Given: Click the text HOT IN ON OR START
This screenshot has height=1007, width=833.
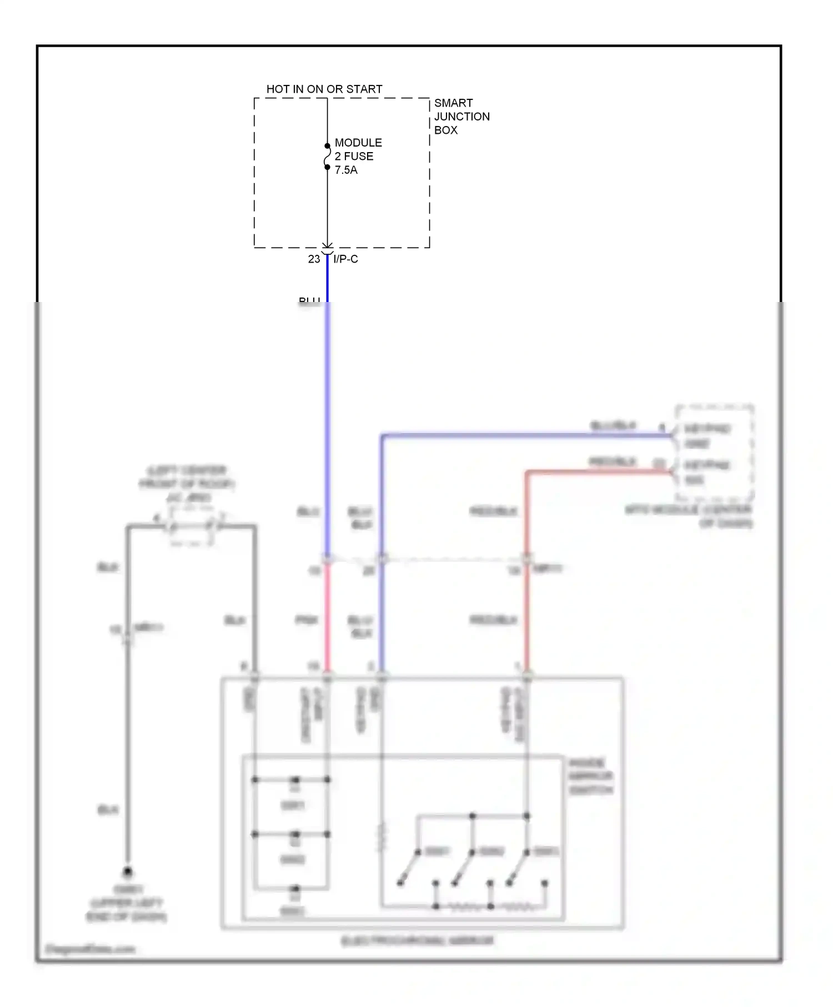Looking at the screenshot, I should coord(324,89).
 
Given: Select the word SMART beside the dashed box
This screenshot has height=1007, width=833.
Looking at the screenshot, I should coord(453,103).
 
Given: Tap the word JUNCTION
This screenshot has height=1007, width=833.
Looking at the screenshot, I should coord(461,117).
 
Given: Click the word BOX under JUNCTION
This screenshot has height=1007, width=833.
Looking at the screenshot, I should coord(445,130).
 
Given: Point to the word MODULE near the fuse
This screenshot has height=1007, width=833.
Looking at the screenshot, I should coord(358,143).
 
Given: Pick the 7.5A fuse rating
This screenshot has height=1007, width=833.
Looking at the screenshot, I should coord(346,170).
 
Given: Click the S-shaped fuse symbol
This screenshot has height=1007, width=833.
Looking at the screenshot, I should coord(327,157).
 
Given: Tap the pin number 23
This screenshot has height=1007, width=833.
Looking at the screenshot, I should coord(314,259).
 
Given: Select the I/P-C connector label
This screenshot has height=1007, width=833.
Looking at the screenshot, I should coord(345,259).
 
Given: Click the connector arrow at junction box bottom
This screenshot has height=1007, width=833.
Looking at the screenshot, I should coord(327,246).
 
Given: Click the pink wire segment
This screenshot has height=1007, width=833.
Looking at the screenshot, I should coord(327,616).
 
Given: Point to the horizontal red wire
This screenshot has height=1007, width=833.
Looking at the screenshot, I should coord(597,472).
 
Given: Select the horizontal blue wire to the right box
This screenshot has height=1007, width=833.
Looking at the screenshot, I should coord(528,435).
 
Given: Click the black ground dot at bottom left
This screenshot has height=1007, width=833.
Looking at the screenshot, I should coord(128,872).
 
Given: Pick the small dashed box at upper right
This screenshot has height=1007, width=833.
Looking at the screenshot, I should coord(714,453).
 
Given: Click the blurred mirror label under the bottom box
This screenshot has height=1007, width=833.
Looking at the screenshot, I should coord(418,940).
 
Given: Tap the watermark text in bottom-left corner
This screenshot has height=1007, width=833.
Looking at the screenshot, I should coord(90,949).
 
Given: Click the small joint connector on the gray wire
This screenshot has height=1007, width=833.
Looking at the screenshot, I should coord(192,526).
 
